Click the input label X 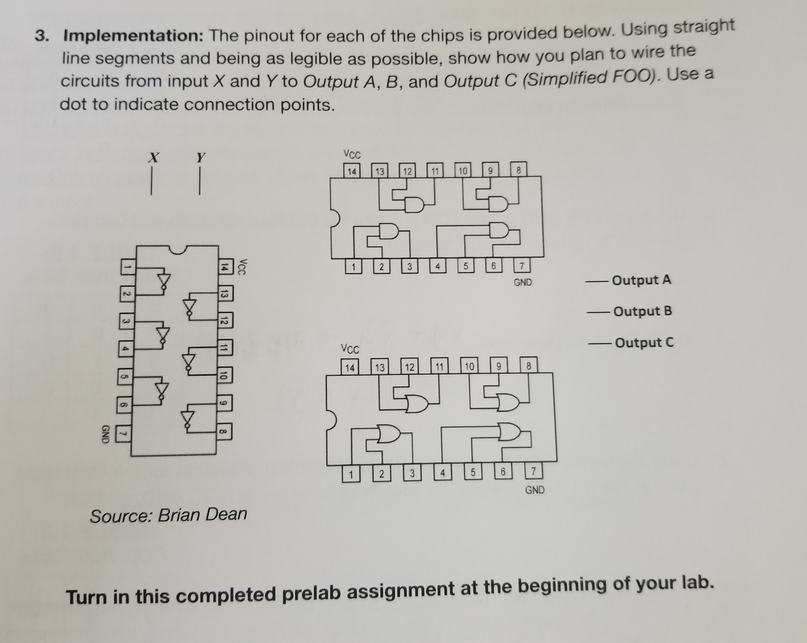[x=152, y=157]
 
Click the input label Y [x=200, y=157]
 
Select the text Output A [x=641, y=281]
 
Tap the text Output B [x=642, y=311]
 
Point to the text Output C [x=642, y=343]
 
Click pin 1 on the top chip [x=354, y=267]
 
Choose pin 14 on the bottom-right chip [x=350, y=367]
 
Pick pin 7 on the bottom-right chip [x=534, y=472]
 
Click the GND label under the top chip [x=522, y=283]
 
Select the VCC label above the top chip [x=352, y=155]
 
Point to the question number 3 [x=41, y=37]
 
